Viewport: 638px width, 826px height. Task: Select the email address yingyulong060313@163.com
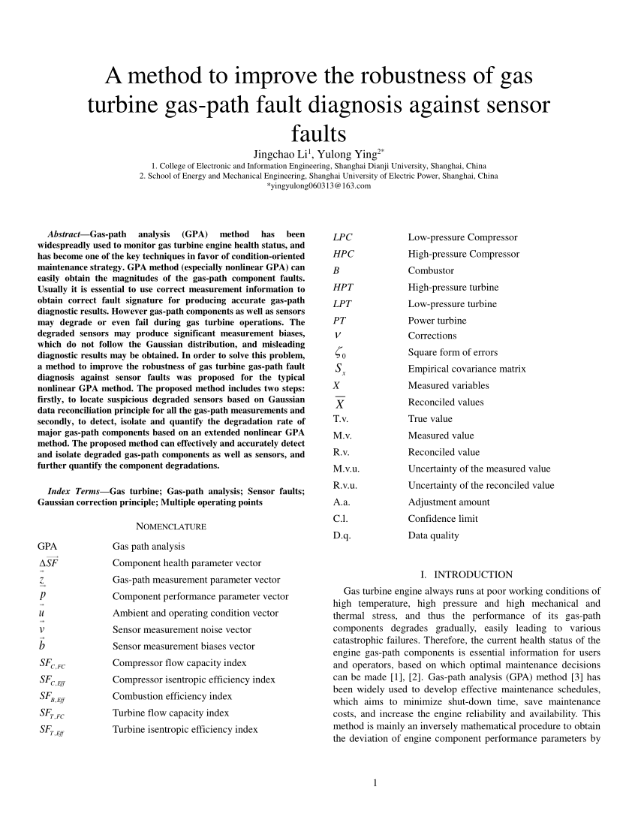point(319,185)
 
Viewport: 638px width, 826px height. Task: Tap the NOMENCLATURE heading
point(171,526)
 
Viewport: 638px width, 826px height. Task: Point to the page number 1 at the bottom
point(373,785)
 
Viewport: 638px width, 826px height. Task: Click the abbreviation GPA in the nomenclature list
point(47,546)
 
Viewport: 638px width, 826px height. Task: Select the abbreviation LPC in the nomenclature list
point(342,237)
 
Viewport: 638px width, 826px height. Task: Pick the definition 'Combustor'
point(431,270)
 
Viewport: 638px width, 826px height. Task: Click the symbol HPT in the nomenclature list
point(342,287)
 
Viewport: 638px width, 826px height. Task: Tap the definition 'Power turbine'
point(437,320)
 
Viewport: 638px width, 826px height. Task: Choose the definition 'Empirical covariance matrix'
point(467,369)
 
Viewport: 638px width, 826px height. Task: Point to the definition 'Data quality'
point(434,535)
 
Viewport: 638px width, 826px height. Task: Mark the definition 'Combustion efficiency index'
point(172,696)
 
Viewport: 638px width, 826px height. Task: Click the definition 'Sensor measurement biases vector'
point(183,646)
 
